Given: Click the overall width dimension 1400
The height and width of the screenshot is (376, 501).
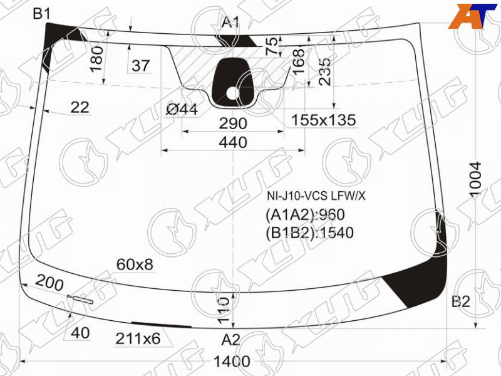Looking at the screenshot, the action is tap(232, 362).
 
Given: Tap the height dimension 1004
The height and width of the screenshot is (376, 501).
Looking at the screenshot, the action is tap(475, 179).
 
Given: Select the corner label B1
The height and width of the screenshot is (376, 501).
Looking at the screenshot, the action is tap(42, 14).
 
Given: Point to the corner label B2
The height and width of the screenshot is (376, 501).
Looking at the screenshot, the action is tap(461, 301).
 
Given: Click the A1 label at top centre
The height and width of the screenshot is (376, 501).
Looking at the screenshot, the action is tap(230, 23).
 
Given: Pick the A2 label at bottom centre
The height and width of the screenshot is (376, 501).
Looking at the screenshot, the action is tap(230, 340).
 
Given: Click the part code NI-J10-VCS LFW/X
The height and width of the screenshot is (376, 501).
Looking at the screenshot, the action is tap(316, 196).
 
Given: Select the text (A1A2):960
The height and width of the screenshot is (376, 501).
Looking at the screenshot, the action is tap(305, 214).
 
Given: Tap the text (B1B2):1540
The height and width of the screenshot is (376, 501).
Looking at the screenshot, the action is tap(309, 232).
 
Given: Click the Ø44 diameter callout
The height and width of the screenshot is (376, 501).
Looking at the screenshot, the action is tap(182, 110).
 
